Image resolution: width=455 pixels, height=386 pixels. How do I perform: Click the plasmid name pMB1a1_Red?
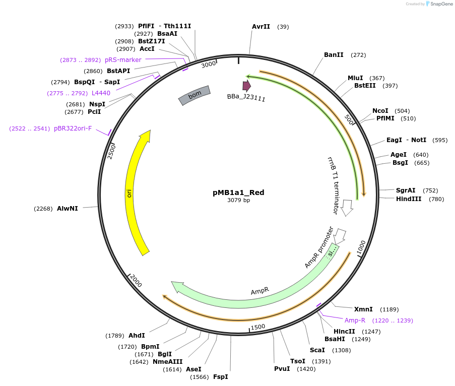pos(238,192)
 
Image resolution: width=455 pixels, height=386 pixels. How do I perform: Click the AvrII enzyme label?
pos(261,27)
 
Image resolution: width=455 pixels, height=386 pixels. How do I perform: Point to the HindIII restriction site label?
pos(409,199)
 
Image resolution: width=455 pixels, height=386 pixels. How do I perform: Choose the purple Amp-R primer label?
pos(355,320)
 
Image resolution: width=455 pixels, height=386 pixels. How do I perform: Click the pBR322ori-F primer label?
pos(73,128)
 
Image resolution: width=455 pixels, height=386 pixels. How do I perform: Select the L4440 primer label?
pos(101,93)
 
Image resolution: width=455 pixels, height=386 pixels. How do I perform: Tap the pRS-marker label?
pos(123,60)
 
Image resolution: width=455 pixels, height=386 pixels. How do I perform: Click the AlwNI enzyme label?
pos(68,208)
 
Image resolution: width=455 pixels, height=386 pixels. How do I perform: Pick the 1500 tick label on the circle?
pos(257,327)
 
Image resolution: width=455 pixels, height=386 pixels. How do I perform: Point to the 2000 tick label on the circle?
pos(136,281)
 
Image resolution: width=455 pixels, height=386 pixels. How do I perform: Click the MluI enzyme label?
pos(355,78)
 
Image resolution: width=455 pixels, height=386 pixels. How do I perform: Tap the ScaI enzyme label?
pos(317,350)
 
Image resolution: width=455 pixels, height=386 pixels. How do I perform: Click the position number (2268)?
pos(43,208)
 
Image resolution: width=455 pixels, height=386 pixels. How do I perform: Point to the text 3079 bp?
pos(238,200)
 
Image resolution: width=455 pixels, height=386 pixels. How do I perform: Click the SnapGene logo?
pos(439,4)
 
